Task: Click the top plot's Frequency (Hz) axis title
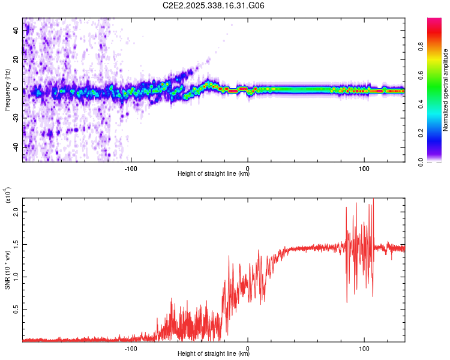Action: click(x=8, y=90)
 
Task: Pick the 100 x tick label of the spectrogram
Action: click(x=364, y=167)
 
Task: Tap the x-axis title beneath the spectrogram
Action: click(x=214, y=174)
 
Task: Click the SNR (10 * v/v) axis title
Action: click(x=8, y=267)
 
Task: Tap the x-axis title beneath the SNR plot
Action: click(x=214, y=354)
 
